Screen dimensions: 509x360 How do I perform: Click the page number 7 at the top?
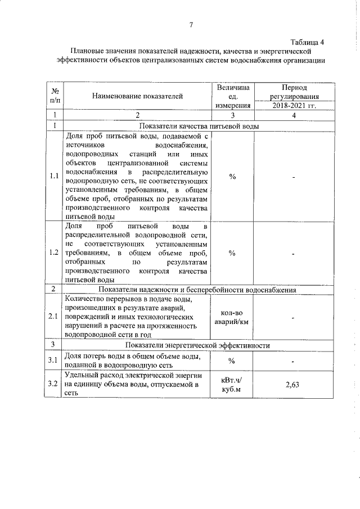191,24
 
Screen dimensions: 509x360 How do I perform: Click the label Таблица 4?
307,42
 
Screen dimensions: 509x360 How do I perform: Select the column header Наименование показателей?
138,96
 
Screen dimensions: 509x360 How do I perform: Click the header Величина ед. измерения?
232,96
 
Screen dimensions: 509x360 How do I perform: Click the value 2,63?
295,385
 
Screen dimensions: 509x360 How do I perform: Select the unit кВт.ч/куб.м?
232,385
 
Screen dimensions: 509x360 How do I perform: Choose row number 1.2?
55,252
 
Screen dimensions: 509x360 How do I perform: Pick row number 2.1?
55,317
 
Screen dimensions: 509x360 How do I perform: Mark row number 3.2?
55,384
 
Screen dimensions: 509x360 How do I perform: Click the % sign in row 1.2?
232,253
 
